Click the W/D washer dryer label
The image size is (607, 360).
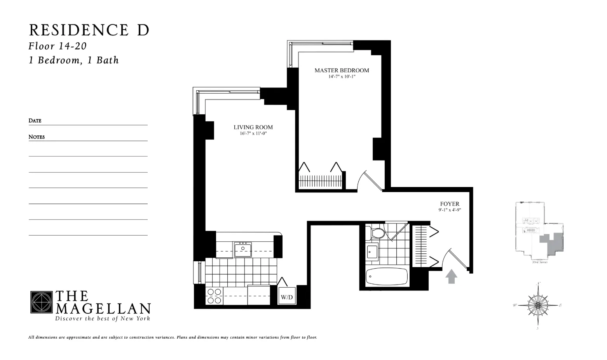click(x=287, y=297)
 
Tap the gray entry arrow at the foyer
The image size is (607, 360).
click(x=451, y=276)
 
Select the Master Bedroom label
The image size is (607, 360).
click(x=342, y=70)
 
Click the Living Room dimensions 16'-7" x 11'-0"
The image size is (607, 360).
click(x=253, y=133)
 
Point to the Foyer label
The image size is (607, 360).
click(x=450, y=204)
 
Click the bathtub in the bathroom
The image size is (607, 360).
click(x=387, y=277)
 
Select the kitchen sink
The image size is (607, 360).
click(x=243, y=249)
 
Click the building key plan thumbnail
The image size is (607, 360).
click(x=539, y=232)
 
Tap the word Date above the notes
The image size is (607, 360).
click(x=35, y=121)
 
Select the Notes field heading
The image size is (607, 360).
click(x=37, y=137)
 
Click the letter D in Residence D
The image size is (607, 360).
click(x=143, y=30)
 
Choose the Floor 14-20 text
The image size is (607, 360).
click(x=58, y=46)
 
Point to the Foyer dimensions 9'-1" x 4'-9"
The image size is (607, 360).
click(x=450, y=210)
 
